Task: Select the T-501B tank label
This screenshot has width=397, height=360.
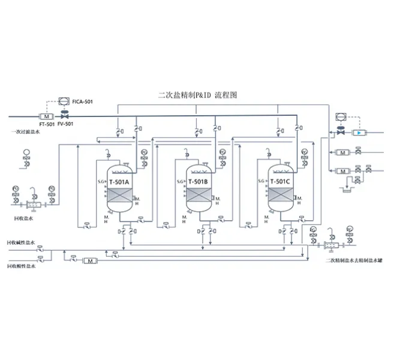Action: tap(198, 181)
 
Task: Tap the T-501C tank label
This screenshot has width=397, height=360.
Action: tap(280, 181)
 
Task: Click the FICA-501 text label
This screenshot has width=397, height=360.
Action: tap(82, 103)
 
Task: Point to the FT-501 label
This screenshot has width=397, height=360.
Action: tap(46, 124)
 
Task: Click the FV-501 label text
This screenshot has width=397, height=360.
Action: tap(65, 124)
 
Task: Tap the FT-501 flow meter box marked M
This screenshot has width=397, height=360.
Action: tap(47, 116)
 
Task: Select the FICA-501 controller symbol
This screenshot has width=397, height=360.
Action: tap(62, 103)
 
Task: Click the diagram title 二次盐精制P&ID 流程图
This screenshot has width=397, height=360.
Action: tap(198, 95)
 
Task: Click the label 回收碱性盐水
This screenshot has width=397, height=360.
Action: tap(21, 243)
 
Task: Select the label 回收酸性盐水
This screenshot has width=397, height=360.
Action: tap(21, 267)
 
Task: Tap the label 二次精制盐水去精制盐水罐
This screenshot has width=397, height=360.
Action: tap(354, 260)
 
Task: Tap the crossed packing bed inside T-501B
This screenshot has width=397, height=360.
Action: tap(198, 196)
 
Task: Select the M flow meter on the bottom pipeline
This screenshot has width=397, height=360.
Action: tap(91, 261)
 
